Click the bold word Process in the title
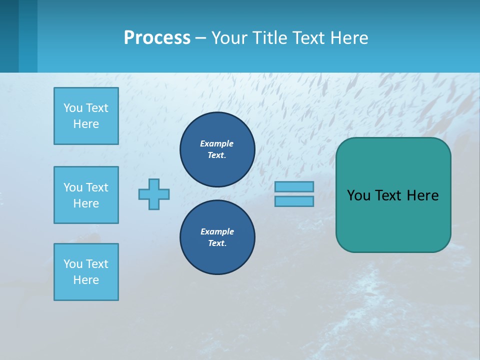point(157,38)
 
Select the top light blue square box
point(86,116)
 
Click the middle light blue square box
point(86,195)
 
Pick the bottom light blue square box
point(86,272)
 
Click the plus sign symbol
point(154,194)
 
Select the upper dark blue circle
point(217,149)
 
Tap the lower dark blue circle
point(217,237)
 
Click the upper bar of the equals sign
point(294,186)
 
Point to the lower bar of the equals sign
point(294,201)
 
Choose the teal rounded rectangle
point(393,195)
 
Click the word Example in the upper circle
point(217,143)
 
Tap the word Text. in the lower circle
point(217,243)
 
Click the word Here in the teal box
point(422,195)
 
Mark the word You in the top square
point(73,108)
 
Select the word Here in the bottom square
point(86,280)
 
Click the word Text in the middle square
point(97,187)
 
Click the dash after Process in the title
point(200,38)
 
